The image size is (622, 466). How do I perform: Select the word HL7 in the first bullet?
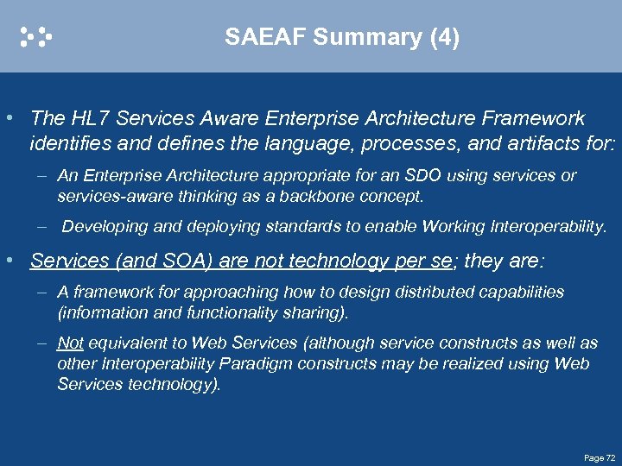[x=84, y=118]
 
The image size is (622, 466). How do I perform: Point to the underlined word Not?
[x=70, y=343]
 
